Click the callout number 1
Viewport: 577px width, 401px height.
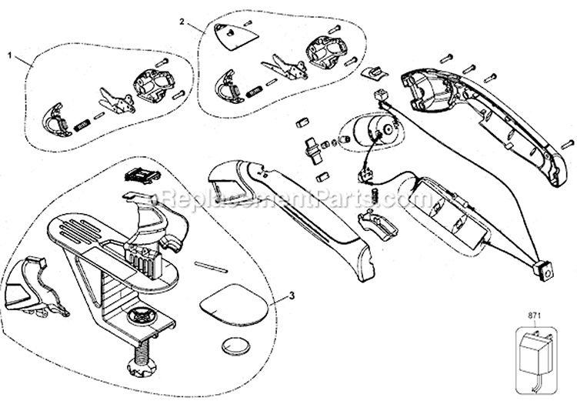pyautogui.click(x=10, y=56)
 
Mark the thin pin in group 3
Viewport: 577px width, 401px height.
pyautogui.click(x=210, y=266)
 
